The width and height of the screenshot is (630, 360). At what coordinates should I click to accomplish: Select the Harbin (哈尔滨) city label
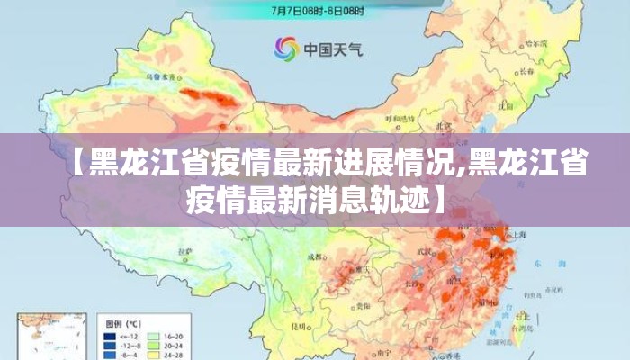point(536,43)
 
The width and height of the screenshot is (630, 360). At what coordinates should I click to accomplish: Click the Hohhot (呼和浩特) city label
point(400,118)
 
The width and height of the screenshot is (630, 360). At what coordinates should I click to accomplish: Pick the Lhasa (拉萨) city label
point(184,251)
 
